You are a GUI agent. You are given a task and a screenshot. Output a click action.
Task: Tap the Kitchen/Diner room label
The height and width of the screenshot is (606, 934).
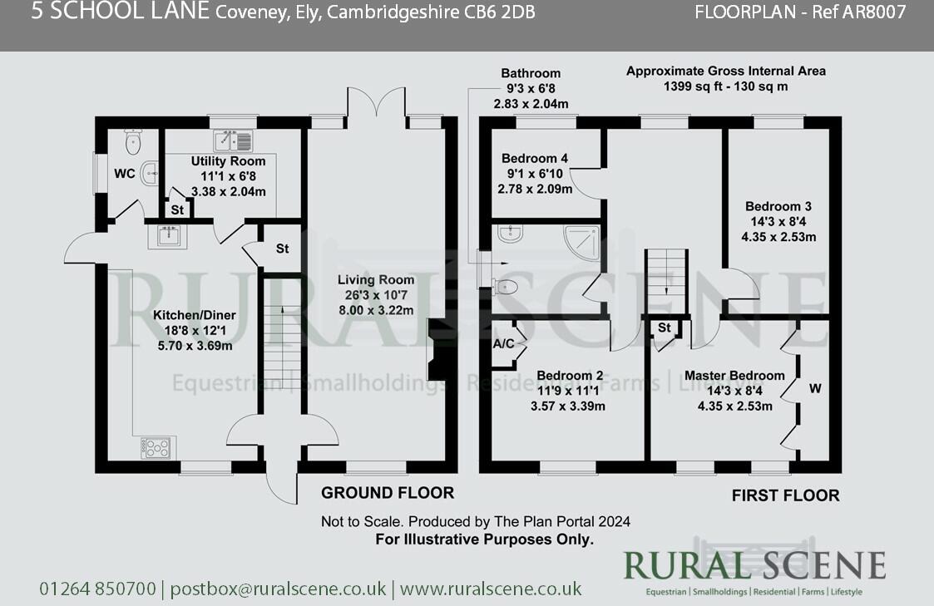point(194,316)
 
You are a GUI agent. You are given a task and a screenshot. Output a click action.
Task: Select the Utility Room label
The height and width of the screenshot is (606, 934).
point(228,161)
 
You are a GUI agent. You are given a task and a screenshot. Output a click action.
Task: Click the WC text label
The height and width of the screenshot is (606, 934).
point(125,174)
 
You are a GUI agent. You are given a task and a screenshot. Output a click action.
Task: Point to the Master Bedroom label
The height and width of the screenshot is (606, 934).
point(734,376)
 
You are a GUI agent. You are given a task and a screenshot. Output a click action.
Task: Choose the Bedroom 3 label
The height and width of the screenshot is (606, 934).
point(778,206)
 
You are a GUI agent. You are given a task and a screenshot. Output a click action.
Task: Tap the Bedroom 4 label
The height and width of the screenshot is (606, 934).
point(535,159)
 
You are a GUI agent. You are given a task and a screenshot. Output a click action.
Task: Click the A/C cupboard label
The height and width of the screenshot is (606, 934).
point(504,342)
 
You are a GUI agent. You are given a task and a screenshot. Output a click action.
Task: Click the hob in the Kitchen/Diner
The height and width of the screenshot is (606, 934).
point(158,447)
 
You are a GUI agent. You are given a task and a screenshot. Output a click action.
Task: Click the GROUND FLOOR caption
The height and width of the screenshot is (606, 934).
point(388,493)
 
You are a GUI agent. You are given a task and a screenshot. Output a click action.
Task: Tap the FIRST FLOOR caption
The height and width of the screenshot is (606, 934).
point(785,495)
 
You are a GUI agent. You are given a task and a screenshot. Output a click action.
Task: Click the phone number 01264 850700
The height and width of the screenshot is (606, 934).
point(97,589)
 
